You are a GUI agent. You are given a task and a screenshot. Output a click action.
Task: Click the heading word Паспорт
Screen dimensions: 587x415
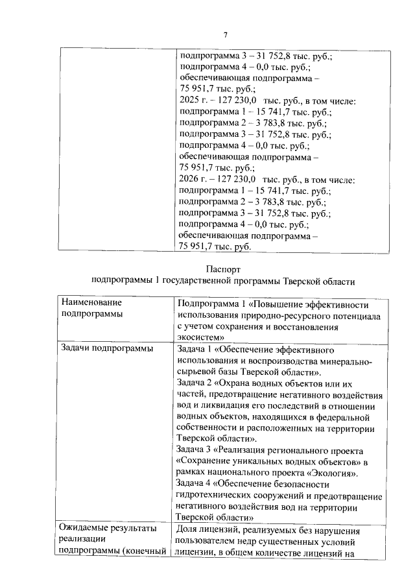(x=224, y=269)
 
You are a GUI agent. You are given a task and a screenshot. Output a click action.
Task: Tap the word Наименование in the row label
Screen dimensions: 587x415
(x=91, y=302)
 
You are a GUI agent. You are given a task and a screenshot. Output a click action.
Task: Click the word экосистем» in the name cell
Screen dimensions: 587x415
(x=200, y=337)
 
